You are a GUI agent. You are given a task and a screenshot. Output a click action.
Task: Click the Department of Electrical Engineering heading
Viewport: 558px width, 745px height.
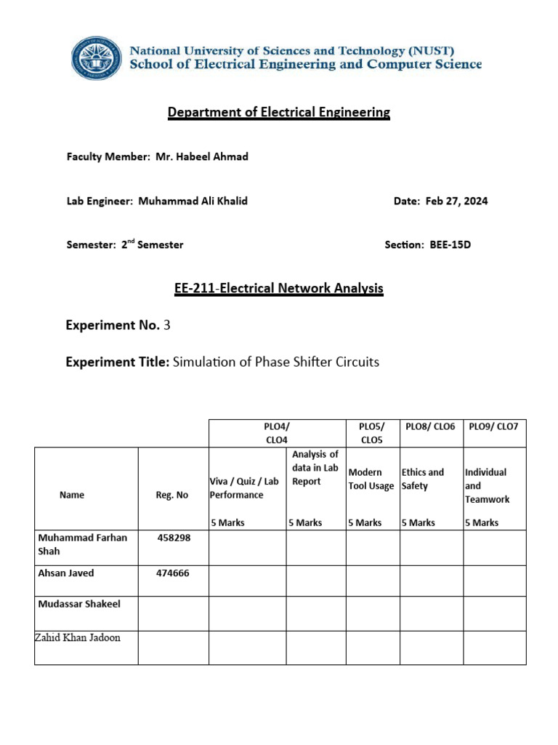pyautogui.click(x=279, y=112)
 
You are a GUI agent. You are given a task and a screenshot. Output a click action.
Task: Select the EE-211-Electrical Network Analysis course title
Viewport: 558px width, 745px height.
pyautogui.click(x=279, y=288)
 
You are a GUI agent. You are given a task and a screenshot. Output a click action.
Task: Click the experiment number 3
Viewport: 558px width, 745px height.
pyautogui.click(x=167, y=325)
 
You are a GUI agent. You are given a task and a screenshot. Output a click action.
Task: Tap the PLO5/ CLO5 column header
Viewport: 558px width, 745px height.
pyautogui.click(x=372, y=432)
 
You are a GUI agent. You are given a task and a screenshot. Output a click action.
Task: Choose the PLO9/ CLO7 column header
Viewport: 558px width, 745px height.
pyautogui.click(x=494, y=426)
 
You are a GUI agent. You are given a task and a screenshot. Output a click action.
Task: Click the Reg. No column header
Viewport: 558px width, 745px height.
pyautogui.click(x=172, y=495)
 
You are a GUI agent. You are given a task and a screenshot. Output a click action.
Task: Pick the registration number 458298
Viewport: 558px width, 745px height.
pyautogui.click(x=172, y=538)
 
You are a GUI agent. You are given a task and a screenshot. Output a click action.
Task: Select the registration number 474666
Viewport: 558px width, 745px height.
pyautogui.click(x=172, y=573)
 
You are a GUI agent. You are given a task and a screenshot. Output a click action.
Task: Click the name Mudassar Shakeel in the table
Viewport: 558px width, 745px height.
pyautogui.click(x=79, y=604)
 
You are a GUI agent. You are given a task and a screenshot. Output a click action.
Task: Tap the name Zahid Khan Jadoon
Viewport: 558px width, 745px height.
pyautogui.click(x=78, y=637)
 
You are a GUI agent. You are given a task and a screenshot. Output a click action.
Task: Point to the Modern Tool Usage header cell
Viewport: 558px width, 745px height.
pyautogui.click(x=371, y=479)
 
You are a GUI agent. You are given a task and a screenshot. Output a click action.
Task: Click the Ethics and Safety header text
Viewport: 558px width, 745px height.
pyautogui.click(x=422, y=479)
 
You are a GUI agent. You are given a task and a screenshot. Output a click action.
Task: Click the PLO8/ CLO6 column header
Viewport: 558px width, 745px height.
pyautogui.click(x=430, y=426)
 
